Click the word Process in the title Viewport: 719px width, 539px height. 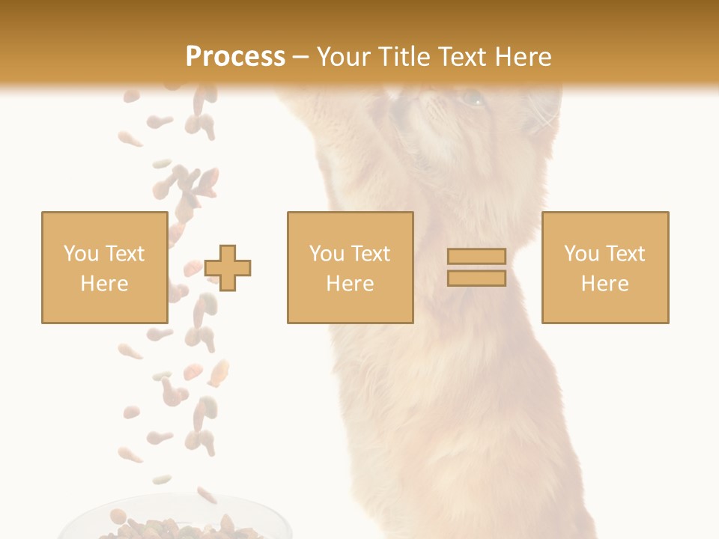point(235,57)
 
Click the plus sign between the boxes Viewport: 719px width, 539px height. point(228,268)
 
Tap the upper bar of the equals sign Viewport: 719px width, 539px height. point(476,256)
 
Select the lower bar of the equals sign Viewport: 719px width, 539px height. point(476,278)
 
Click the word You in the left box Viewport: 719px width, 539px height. point(79,254)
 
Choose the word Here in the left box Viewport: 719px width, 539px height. point(104,284)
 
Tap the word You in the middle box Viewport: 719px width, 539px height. point(326,254)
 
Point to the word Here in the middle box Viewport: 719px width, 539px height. point(350,284)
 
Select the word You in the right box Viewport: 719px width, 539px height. point(580,254)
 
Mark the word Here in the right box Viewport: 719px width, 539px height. point(604,284)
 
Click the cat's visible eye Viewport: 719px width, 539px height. point(472,98)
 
